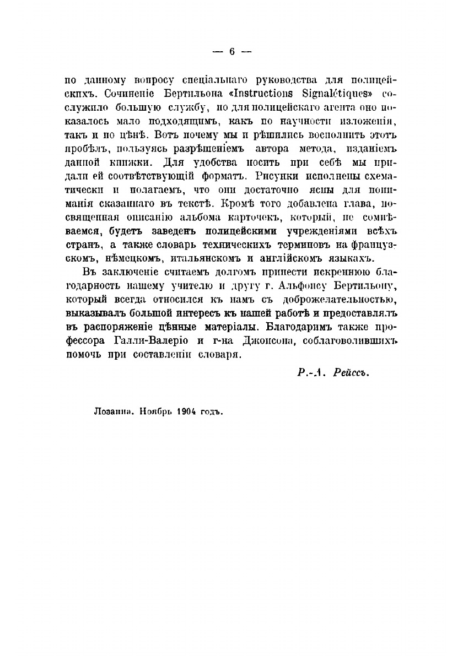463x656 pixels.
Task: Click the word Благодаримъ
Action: pyautogui.click(x=305, y=327)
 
